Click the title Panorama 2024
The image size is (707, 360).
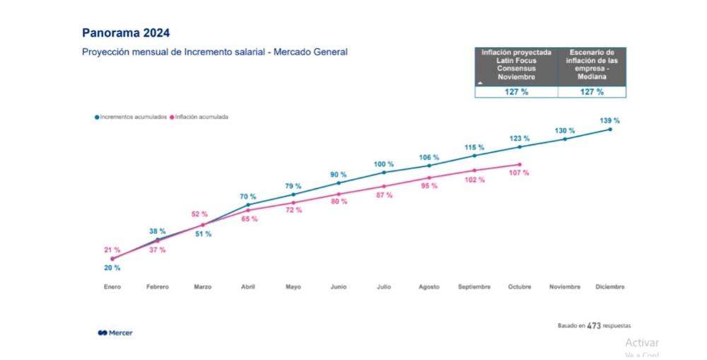pyautogui.click(x=126, y=33)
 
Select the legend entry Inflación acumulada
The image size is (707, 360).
pyautogui.click(x=201, y=117)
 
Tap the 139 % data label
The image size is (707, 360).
pyautogui.click(x=610, y=120)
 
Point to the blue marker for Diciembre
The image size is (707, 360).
pyautogui.click(x=610, y=129)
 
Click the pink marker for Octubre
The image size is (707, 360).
pyautogui.click(x=520, y=165)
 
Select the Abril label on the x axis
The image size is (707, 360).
pyautogui.click(x=248, y=287)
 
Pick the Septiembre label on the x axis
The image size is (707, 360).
pyautogui.click(x=474, y=287)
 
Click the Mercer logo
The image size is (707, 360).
pyautogui.click(x=115, y=332)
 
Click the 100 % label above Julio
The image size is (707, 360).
pyautogui.click(x=384, y=164)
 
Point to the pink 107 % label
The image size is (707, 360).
pyautogui.click(x=519, y=173)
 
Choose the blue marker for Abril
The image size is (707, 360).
pyautogui.click(x=248, y=205)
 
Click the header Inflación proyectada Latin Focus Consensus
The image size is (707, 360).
pyautogui.click(x=516, y=65)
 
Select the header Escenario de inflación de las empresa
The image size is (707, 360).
pyautogui.click(x=591, y=65)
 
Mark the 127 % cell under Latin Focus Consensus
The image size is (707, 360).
pyautogui.click(x=516, y=92)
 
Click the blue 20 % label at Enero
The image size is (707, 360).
pyautogui.click(x=112, y=268)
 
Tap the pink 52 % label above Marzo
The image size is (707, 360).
pyautogui.click(x=200, y=214)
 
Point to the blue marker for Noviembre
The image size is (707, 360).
pyautogui.click(x=565, y=139)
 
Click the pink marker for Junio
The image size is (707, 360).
pyautogui.click(x=339, y=194)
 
